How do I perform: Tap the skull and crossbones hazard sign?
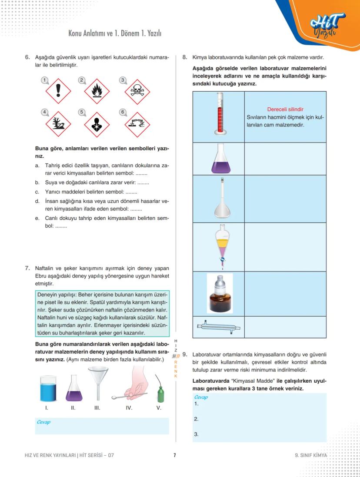coord(137,91)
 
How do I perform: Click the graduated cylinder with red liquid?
coord(219,115)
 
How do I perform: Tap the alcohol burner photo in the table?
coord(220,293)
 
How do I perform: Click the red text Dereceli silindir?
coord(285,109)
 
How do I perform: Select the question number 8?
coord(185,57)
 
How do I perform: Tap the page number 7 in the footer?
coord(174,455)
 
